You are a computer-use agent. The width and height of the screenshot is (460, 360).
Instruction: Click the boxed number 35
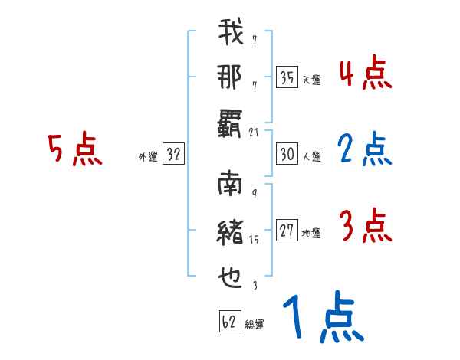pos(287,77)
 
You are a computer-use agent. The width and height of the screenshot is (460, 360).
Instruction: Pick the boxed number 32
pos(173,155)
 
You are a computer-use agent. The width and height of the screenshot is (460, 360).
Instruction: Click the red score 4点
pos(365,75)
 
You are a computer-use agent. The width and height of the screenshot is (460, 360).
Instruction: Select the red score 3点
pos(365,227)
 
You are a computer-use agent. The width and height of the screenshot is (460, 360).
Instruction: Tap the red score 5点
pos(75,149)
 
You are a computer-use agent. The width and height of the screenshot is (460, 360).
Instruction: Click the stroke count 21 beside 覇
pos(254,133)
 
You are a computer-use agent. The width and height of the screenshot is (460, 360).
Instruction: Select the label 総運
pos(255,325)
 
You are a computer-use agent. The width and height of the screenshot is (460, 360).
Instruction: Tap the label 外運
pos(148,157)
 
